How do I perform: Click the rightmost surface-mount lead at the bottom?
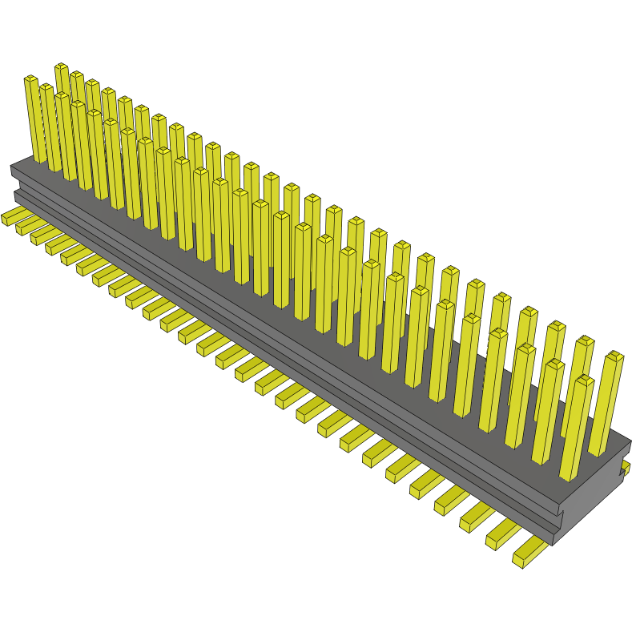529,553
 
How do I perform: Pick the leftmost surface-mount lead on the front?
13,215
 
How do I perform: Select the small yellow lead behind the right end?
626,466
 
